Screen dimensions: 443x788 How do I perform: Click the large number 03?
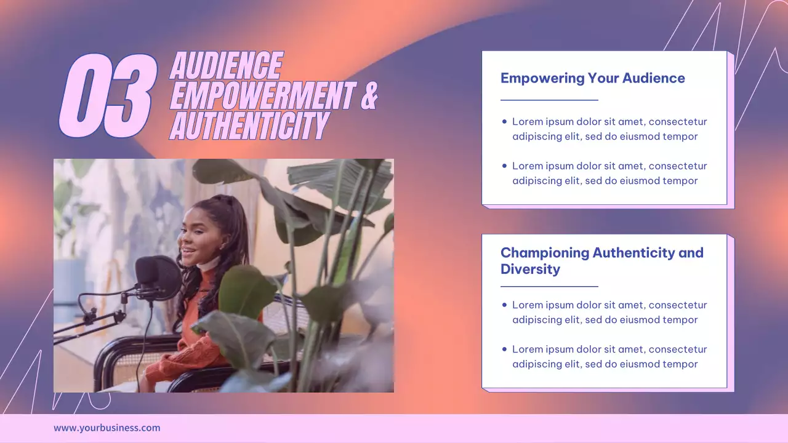pos(107,95)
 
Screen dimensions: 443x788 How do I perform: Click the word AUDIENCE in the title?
pos(226,66)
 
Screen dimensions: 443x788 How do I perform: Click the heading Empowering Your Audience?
pos(592,78)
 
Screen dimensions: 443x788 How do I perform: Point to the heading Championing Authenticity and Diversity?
pos(601,260)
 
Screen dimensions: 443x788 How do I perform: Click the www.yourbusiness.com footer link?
pos(107,428)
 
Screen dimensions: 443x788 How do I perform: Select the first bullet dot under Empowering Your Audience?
pos(505,122)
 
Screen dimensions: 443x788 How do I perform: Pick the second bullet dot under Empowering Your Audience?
pos(505,166)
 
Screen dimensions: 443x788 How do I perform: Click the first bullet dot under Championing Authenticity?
pos(505,305)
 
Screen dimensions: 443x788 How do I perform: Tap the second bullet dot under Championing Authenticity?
pos(505,349)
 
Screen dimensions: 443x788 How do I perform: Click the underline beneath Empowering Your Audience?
pos(549,100)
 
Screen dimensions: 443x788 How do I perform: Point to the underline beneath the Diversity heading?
pos(549,286)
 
